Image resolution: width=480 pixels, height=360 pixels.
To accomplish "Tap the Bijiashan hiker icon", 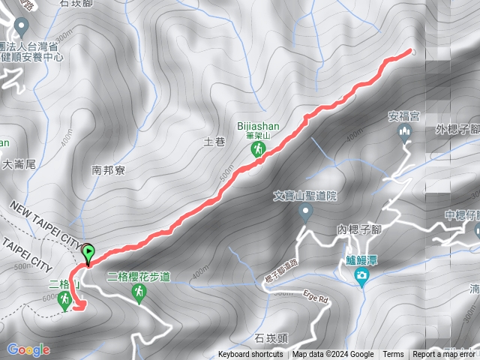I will pos(257,151).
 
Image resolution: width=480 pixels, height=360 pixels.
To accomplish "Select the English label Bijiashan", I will pos(257,127).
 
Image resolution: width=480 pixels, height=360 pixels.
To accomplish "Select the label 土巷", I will pos(214,141).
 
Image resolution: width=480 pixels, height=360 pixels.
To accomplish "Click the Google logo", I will pos(28,349).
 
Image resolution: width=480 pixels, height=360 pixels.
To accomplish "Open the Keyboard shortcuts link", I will pos(250,355).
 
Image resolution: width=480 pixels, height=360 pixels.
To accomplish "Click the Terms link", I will pos(393,355).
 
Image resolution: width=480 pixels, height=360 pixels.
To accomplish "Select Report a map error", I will pos(444,355).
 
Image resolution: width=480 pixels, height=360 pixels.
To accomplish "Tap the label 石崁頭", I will pos(271,338).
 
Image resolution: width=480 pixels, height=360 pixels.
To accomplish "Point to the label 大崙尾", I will pos(19,164).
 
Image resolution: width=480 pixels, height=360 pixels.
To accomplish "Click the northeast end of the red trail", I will pos(410,51).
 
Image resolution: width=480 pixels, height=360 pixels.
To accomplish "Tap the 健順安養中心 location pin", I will pos(21,27).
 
